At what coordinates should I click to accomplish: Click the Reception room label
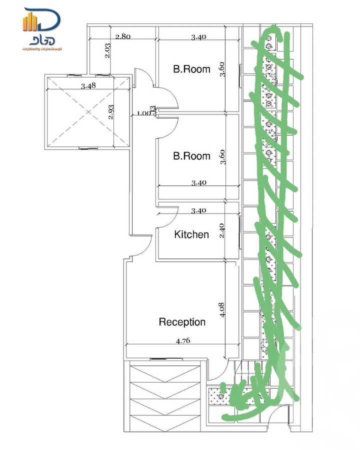pyautogui.click(x=182, y=322)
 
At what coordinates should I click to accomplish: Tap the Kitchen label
pyautogui.click(x=191, y=234)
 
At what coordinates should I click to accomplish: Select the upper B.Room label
pyautogui.click(x=191, y=69)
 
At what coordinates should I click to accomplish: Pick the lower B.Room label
pyautogui.click(x=191, y=156)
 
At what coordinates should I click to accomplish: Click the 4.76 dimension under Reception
pyautogui.click(x=182, y=341)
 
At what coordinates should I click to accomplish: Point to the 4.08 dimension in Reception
pyautogui.click(x=222, y=308)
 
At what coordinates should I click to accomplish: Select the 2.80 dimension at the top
pyautogui.click(x=123, y=36)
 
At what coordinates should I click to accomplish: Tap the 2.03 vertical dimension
pyautogui.click(x=108, y=51)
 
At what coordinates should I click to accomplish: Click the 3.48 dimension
pyautogui.click(x=88, y=86)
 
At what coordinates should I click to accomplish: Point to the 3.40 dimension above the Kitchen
pyautogui.click(x=198, y=211)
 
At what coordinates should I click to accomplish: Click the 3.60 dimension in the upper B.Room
pyautogui.click(x=222, y=69)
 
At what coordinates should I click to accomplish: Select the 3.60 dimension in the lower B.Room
pyautogui.click(x=222, y=156)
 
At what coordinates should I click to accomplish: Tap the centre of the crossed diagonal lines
pyautogui.click(x=88, y=112)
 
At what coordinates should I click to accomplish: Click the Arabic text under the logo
pyautogui.click(x=41, y=49)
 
